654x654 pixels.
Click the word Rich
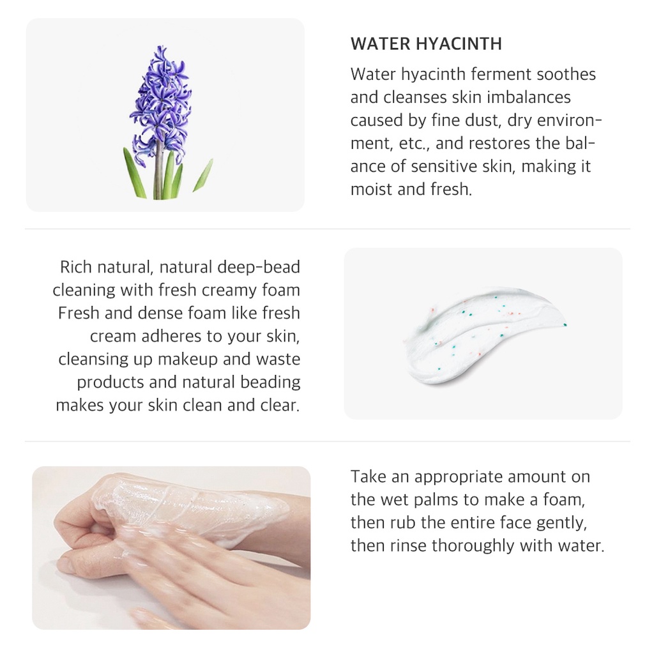tap(77, 267)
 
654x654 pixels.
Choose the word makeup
tap(185, 359)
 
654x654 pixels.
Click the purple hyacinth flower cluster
tap(161, 102)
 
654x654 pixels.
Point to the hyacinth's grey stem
tap(158, 176)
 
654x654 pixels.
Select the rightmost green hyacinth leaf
tap(203, 176)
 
